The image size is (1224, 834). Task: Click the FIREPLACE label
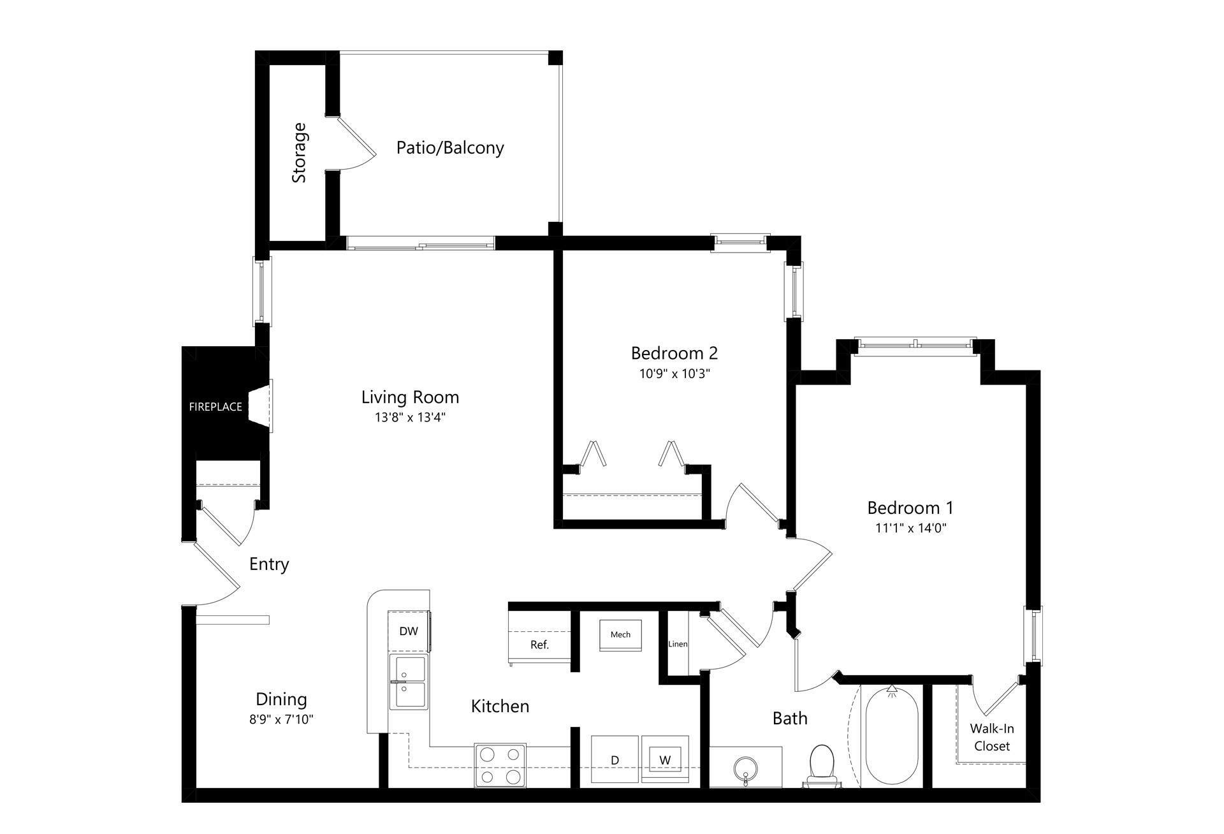click(x=215, y=407)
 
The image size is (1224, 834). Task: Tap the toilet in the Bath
click(x=822, y=766)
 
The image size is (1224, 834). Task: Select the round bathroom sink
click(x=745, y=768)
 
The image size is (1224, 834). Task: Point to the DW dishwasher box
click(x=409, y=631)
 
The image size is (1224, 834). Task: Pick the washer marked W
click(x=665, y=759)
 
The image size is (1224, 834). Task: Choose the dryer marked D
click(x=615, y=759)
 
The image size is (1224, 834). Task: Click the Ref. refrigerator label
click(x=539, y=645)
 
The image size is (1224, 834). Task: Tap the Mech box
click(x=620, y=635)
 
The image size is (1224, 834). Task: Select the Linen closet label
click(x=678, y=644)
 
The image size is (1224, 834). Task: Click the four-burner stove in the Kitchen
click(x=500, y=765)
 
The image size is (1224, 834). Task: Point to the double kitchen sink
click(x=409, y=682)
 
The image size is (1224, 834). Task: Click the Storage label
click(x=299, y=153)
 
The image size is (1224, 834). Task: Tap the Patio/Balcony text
click(x=450, y=147)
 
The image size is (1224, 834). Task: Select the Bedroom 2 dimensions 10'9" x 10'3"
click(x=674, y=374)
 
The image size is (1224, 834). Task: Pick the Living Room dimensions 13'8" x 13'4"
click(x=410, y=418)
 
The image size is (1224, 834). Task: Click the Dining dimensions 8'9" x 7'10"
click(x=281, y=720)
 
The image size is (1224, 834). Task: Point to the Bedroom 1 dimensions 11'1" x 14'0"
click(x=910, y=528)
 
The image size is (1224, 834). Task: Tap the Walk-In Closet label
click(x=992, y=737)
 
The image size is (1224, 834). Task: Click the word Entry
click(x=269, y=564)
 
